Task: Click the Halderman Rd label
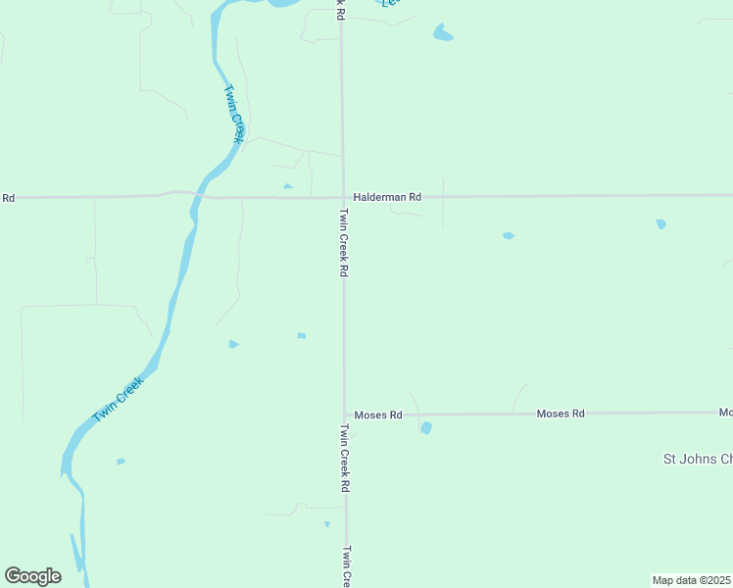[387, 197]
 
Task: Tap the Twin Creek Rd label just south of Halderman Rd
[344, 242]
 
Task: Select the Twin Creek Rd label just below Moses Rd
[345, 457]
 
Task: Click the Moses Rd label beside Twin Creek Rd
[378, 415]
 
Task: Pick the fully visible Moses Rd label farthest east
[561, 414]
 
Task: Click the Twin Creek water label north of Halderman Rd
[233, 115]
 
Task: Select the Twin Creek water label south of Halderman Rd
[119, 400]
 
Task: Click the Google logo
[32, 576]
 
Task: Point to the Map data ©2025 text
[692, 580]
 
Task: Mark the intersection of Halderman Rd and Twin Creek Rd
[342, 197]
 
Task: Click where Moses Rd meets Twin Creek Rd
[344, 415]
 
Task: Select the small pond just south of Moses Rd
[426, 427]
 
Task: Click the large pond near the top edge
[443, 33]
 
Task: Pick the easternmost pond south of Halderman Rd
[661, 224]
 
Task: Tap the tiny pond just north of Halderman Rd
[287, 186]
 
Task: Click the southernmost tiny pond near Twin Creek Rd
[327, 524]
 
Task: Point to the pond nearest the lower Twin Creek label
[121, 461]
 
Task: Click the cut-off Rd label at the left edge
[8, 198]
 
